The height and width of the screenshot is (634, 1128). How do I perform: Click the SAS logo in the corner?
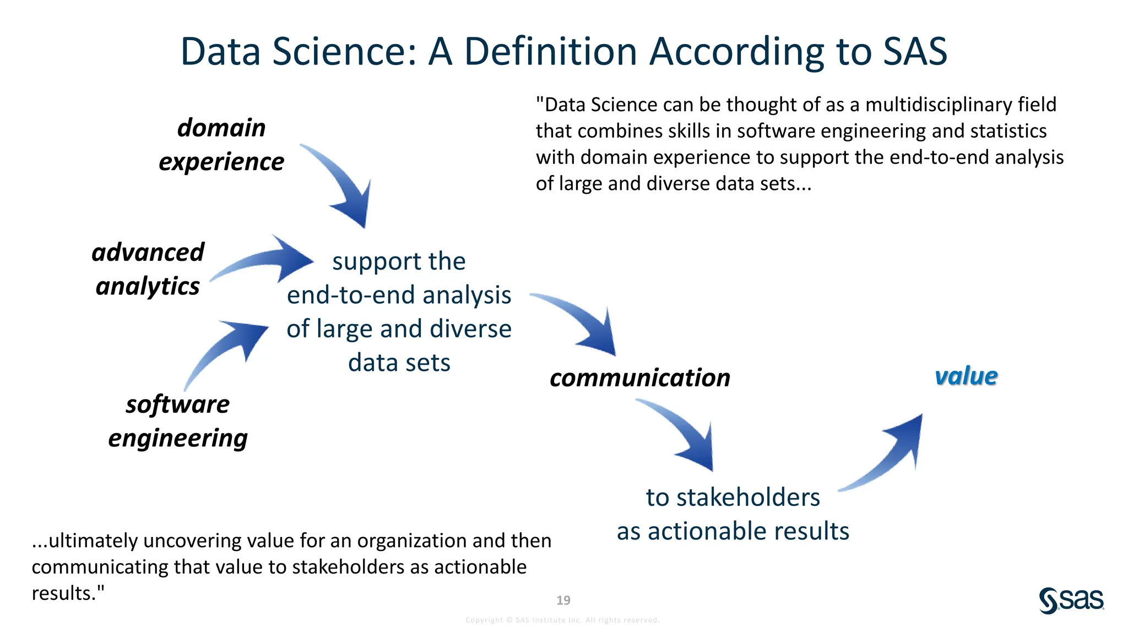pos(1071,600)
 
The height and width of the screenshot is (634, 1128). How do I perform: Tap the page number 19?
pos(563,600)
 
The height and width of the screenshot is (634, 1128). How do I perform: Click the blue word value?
pos(966,376)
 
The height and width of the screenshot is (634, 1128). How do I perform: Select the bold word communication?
pos(640,378)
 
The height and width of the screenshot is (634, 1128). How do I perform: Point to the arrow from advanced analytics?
pos(264,261)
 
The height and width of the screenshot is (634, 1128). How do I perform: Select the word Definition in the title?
pos(550,52)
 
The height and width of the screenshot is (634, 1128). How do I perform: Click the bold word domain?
pos(221,128)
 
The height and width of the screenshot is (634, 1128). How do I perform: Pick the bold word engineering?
pos(178,439)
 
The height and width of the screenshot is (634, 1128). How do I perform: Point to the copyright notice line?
pos(562,620)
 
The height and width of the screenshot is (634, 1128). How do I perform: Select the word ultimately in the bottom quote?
pos(93,541)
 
